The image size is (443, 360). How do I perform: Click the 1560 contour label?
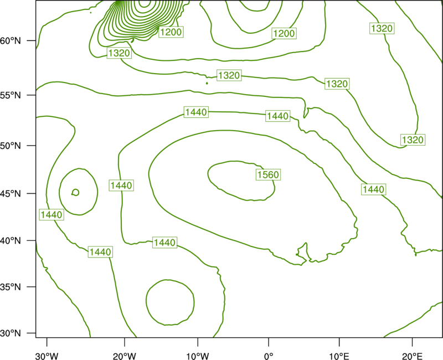268,174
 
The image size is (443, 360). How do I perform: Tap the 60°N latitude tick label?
11,41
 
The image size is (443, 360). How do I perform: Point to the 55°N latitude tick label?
11,95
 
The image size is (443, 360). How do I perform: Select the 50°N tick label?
11,146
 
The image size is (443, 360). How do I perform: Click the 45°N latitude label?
11,193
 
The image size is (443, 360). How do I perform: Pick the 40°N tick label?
11,241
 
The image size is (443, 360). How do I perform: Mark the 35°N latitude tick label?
11,287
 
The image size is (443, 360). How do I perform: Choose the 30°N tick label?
11,333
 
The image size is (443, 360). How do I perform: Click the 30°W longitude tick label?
47,356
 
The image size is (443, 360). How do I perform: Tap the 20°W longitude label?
124,356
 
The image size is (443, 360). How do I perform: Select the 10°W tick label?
198,356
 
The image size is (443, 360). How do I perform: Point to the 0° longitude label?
269,356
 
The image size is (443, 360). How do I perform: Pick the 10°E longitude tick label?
339,356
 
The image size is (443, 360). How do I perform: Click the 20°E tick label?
412,356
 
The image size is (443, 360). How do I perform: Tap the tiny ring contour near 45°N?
75,192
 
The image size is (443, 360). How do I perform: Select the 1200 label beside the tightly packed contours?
171,32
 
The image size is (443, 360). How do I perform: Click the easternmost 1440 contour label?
373,189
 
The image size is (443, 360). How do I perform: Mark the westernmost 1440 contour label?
51,215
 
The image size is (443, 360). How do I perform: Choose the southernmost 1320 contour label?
413,140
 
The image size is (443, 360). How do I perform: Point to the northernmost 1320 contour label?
382,29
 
